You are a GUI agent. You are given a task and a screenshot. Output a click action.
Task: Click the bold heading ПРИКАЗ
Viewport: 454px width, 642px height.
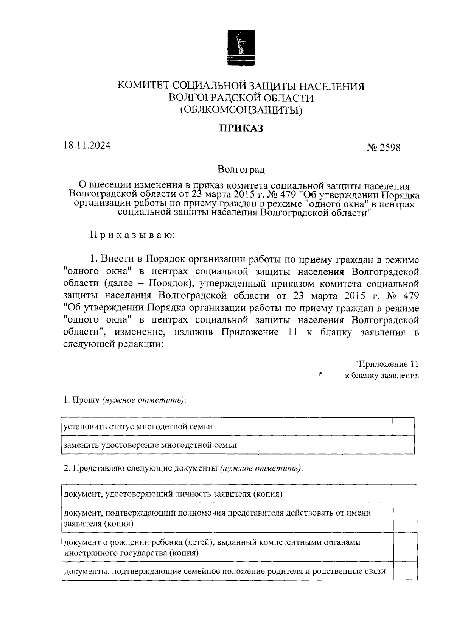click(x=241, y=128)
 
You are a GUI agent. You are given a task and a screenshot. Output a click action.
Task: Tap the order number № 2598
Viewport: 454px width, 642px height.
click(x=383, y=147)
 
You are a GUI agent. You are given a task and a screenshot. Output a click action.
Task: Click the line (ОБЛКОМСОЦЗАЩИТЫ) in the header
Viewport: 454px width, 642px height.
click(x=241, y=110)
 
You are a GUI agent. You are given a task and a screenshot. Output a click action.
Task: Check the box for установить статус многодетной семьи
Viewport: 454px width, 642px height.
click(x=403, y=427)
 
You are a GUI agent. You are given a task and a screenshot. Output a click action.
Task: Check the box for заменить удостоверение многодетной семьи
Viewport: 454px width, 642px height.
click(x=403, y=445)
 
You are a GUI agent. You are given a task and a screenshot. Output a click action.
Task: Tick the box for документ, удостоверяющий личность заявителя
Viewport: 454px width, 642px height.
click(x=405, y=494)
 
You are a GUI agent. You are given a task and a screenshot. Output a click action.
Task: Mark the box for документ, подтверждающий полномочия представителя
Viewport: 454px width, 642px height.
click(x=405, y=517)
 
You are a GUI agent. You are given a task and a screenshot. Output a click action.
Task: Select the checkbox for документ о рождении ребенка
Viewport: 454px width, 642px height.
click(x=405, y=547)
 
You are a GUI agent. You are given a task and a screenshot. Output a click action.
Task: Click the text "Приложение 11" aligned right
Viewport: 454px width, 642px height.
click(x=387, y=364)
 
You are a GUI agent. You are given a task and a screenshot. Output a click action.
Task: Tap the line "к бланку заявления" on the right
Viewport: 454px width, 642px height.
click(x=381, y=376)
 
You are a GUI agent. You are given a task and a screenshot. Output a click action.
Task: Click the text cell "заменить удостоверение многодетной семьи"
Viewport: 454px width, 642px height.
click(x=150, y=445)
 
